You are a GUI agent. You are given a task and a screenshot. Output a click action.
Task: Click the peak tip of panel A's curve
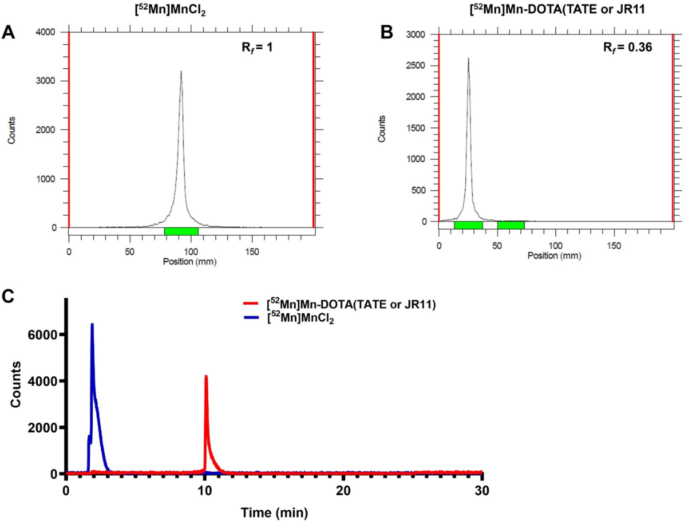click(181, 72)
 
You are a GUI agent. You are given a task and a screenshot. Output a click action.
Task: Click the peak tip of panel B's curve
click(468, 59)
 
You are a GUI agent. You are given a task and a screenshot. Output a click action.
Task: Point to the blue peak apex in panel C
click(92, 324)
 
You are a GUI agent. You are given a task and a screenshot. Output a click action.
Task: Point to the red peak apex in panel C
click(205, 377)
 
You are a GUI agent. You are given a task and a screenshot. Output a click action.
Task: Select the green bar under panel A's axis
click(181, 232)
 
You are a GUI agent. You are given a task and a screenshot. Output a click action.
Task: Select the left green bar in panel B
click(468, 225)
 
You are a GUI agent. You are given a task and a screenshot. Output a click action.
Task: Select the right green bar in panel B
click(510, 225)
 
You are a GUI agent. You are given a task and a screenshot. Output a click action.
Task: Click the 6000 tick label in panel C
click(41, 335)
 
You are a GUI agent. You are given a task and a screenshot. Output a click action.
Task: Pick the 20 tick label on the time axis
click(343, 490)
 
